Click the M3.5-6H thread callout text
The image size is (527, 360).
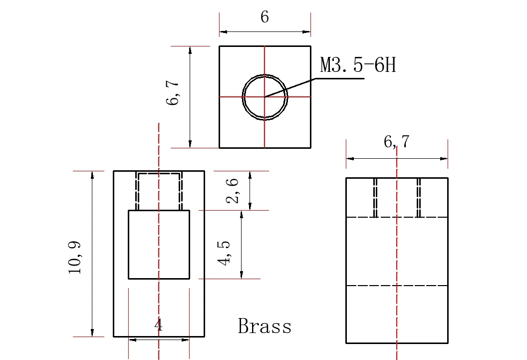click(x=358, y=65)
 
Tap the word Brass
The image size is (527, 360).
click(x=264, y=327)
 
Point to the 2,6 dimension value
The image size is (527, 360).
click(x=233, y=191)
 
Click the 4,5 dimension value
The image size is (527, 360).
click(x=224, y=253)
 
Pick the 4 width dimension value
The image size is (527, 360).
click(x=159, y=326)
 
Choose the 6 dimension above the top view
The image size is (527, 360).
click(x=264, y=17)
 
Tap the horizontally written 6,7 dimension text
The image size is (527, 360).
click(x=397, y=142)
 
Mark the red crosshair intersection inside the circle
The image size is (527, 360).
click(x=264, y=97)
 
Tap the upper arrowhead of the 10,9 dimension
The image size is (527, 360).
click(x=92, y=174)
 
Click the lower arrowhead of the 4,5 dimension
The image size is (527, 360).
click(x=242, y=275)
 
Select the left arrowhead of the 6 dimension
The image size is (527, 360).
click(x=223, y=32)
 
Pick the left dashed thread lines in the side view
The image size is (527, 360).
click(x=375, y=198)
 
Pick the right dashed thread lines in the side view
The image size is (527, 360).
click(x=419, y=198)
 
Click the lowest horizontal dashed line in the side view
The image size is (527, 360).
click(x=397, y=286)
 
